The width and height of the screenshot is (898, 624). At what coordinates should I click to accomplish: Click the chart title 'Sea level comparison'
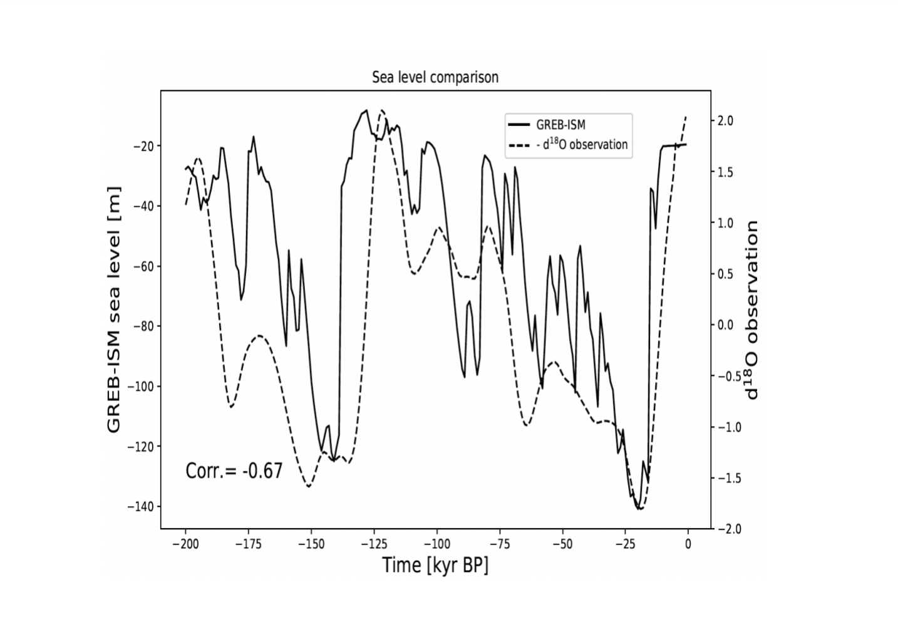coord(435,77)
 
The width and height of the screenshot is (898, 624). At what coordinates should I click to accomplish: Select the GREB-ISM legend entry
coord(560,125)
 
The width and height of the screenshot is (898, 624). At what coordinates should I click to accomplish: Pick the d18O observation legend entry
coord(581,145)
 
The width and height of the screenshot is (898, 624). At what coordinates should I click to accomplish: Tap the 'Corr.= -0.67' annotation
coord(234,471)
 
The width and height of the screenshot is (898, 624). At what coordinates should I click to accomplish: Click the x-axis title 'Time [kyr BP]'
coord(435,565)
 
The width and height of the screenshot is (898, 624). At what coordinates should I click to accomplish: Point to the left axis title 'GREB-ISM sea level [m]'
coord(113,309)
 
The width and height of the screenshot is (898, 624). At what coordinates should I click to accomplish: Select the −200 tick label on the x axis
coord(185,544)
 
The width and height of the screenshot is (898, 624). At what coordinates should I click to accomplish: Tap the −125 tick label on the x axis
coord(374,544)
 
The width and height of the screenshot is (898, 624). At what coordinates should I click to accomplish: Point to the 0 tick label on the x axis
coord(688,544)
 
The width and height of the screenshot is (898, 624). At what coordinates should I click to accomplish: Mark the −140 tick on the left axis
coord(141,506)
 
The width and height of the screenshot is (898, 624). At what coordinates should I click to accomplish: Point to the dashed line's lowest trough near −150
coord(309,486)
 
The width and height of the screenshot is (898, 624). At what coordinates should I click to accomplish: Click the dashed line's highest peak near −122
coord(382,110)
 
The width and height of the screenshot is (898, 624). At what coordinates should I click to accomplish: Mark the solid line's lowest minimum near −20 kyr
coord(639,509)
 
